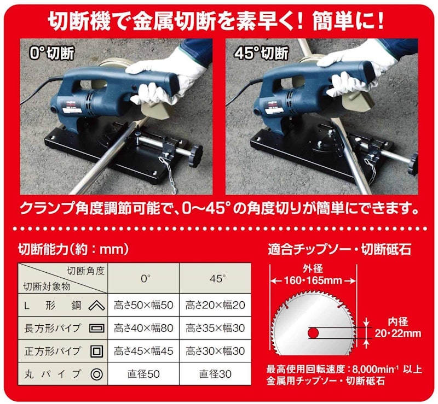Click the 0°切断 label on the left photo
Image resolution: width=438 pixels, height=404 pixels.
coord(52,53)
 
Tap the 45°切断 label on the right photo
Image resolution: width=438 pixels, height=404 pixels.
coord(262,53)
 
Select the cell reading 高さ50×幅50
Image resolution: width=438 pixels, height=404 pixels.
coord(143,305)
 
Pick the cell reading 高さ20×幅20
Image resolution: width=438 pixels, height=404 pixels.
coord(215,305)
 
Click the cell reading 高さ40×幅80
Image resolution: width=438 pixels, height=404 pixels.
coord(143,328)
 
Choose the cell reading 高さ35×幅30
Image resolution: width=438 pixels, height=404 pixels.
coord(215,328)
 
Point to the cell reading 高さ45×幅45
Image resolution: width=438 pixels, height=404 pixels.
coord(143,351)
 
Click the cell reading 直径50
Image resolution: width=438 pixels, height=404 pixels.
coord(143,374)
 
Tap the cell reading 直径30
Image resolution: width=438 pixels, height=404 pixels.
coord(215,374)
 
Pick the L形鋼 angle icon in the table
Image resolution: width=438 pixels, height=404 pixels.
coord(97,306)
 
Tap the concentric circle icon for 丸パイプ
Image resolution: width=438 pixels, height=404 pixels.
coord(97,374)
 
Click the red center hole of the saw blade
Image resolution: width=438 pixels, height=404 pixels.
coord(313,332)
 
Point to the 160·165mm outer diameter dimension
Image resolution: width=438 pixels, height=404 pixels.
coord(313,280)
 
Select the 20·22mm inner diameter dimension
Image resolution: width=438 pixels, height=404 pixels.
coord(398,333)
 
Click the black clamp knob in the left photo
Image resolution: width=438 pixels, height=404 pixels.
coord(195,156)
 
